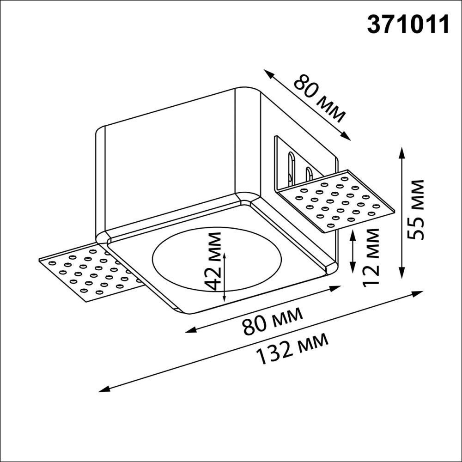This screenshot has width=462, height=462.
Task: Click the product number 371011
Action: coord(408,24)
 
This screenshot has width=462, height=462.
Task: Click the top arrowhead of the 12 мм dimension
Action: coord(353,232)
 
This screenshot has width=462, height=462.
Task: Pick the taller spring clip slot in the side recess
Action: coord(291,167)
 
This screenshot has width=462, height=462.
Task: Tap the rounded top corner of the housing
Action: coord(248,91)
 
